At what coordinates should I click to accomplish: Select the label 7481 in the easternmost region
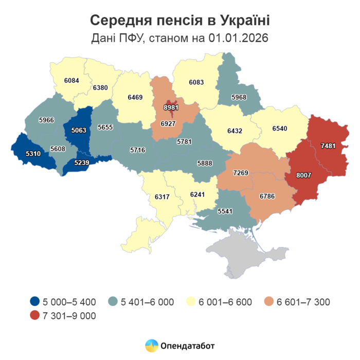[x=328, y=146]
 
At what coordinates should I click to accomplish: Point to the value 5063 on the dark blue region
[x=79, y=130]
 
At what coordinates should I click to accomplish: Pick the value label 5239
[x=82, y=163]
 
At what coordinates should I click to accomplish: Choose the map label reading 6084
[x=72, y=81]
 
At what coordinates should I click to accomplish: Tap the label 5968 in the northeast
[x=239, y=97]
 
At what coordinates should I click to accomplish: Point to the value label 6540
[x=279, y=128]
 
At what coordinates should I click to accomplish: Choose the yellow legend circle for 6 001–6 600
[x=192, y=302]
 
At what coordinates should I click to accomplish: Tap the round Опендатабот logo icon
[x=151, y=346]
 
